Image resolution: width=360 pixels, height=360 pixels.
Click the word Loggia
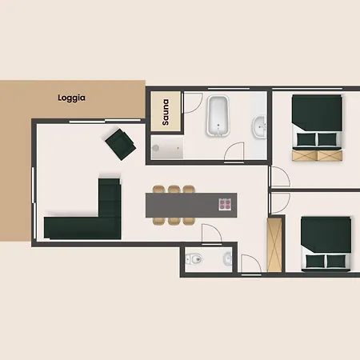(71, 98)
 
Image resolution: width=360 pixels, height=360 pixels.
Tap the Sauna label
(166, 112)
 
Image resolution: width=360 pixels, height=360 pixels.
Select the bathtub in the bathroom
(218, 116)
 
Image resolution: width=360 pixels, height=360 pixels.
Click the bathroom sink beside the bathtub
(259, 127)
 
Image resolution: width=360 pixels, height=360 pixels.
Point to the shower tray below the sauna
(167, 147)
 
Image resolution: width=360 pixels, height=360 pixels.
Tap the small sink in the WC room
(227, 258)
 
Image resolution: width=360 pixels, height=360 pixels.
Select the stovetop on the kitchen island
(225, 205)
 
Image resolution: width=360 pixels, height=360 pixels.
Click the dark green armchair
(121, 144)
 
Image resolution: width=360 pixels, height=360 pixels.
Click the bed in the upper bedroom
(317, 122)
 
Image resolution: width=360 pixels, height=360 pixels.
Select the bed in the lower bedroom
(326, 244)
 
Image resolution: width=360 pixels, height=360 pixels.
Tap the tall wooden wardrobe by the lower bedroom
(274, 245)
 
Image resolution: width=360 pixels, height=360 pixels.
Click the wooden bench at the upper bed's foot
(317, 155)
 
